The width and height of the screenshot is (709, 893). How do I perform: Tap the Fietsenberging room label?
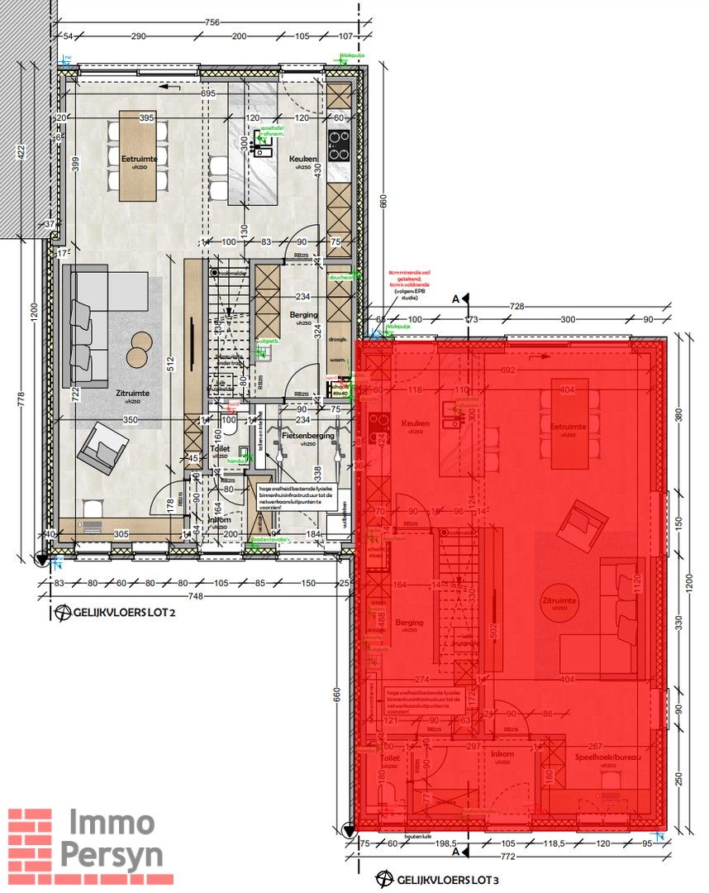pyautogui.click(x=307, y=435)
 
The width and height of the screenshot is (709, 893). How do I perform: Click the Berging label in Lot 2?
pyautogui.click(x=303, y=315)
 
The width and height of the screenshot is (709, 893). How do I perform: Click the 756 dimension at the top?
pyautogui.click(x=212, y=22)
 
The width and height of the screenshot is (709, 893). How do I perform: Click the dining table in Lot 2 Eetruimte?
pyautogui.click(x=136, y=155)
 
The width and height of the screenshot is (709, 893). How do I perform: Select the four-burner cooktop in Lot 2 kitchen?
pyautogui.click(x=339, y=146)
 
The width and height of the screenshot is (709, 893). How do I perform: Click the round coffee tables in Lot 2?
pyautogui.click(x=140, y=347)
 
